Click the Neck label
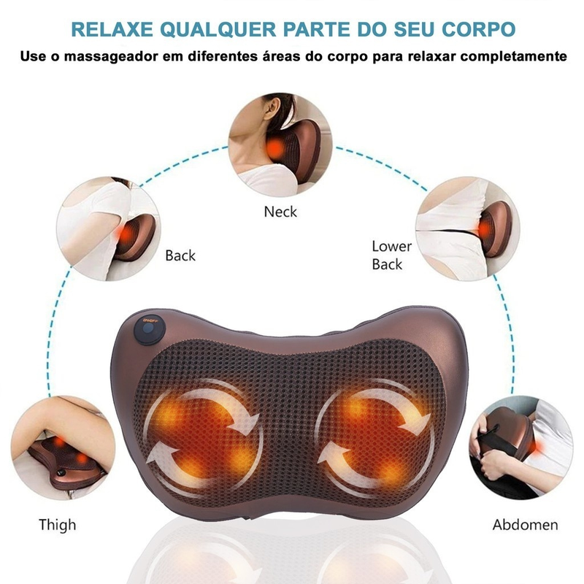click(x=280, y=212)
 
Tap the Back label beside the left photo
click(x=180, y=255)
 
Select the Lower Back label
click(x=391, y=255)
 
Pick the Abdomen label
click(x=525, y=524)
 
